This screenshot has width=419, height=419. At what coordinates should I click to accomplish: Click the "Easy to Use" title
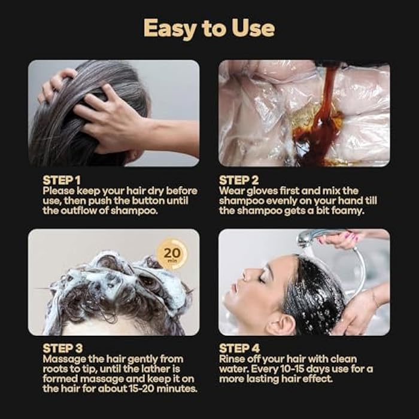pos(209,29)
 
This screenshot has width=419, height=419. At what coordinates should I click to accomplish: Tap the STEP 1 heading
pos(62,180)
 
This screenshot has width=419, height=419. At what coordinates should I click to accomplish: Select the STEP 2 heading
pos(239,180)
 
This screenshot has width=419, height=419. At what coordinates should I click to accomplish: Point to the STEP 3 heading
pos(63,348)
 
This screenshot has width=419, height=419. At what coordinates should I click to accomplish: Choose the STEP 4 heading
pos(239,348)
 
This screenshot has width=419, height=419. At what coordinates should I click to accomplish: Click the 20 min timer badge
pos(172,254)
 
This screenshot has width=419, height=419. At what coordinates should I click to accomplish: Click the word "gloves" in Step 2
pos(262,191)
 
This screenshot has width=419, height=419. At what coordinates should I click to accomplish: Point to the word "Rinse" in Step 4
pos(232,359)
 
